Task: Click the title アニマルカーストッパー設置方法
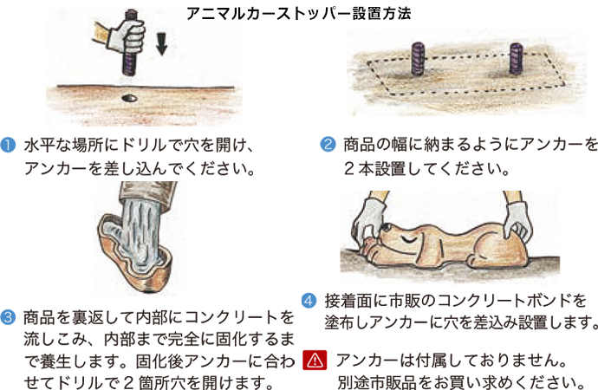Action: tap(299, 14)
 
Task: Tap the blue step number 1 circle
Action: tap(8, 146)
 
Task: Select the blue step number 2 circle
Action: tap(328, 145)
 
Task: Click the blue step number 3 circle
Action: tap(8, 317)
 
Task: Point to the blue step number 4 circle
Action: tap(309, 301)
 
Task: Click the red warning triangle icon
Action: tap(315, 360)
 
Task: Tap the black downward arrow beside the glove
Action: tap(162, 44)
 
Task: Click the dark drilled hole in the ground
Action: tap(130, 98)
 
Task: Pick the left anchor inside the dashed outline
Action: tap(418, 58)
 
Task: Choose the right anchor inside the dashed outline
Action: tap(516, 58)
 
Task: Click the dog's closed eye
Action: tap(410, 240)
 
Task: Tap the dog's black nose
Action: tap(386, 228)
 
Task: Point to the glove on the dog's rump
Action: tap(517, 223)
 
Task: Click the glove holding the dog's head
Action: tap(369, 219)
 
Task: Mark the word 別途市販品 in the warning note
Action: tap(376, 382)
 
